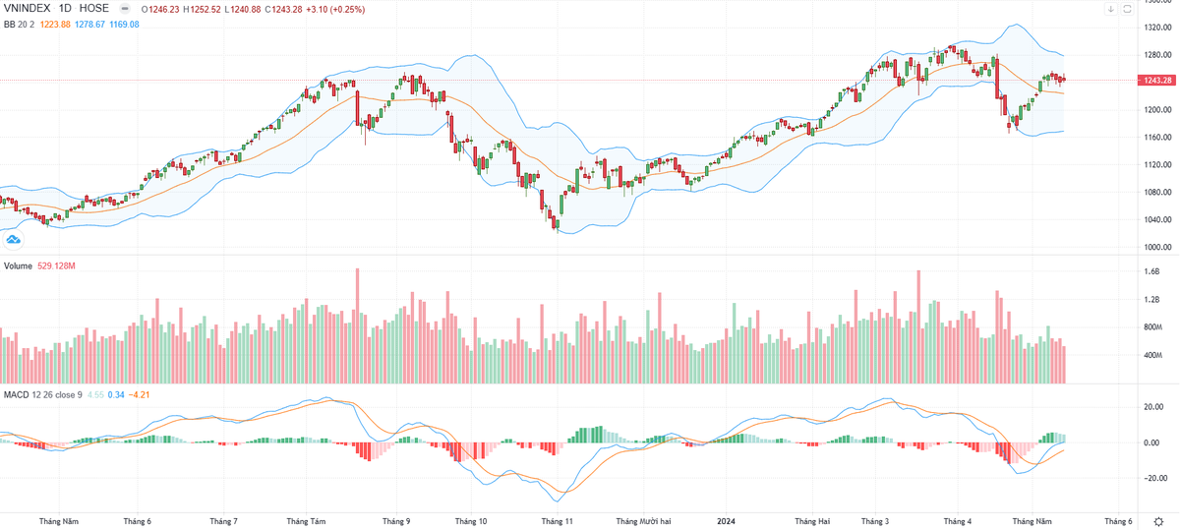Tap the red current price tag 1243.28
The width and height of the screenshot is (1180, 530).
(x=1156, y=80)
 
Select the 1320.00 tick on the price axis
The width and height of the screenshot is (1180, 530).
(x=1156, y=27)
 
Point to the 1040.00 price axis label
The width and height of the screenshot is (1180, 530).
(x=1156, y=219)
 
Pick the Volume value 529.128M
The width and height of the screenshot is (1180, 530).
(x=58, y=265)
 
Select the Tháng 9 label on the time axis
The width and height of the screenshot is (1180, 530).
(x=395, y=521)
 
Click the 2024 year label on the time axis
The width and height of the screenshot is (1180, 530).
(x=726, y=521)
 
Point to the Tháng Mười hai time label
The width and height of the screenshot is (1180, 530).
(x=643, y=521)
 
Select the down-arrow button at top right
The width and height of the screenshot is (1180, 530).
(x=1109, y=9)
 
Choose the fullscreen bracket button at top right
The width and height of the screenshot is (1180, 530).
(x=1130, y=9)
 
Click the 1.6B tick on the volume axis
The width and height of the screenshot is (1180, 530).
(x=1152, y=271)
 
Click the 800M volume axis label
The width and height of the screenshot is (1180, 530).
(x=1153, y=326)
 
